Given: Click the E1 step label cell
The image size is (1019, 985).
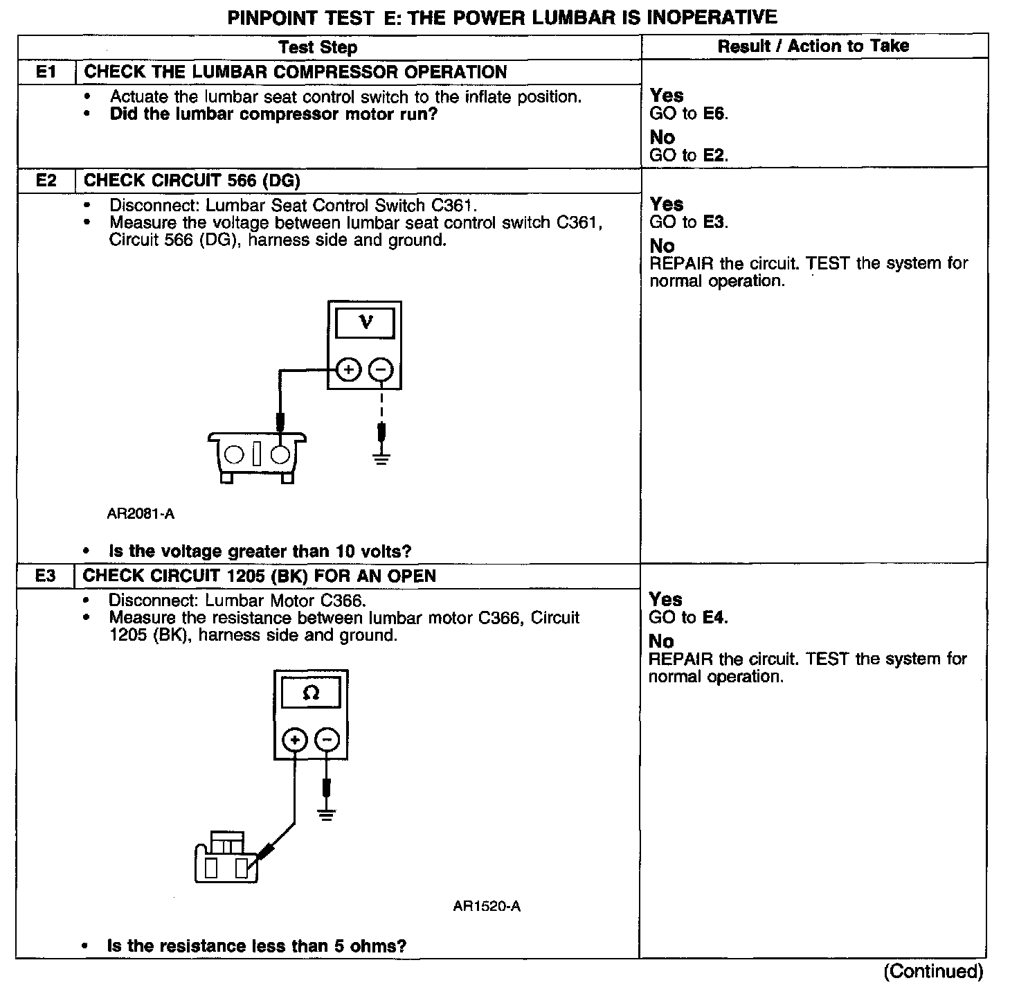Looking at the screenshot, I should pyautogui.click(x=46, y=72).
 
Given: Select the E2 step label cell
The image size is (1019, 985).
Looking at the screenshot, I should pyautogui.click(x=46, y=181).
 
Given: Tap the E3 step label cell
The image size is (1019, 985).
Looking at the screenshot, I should pyautogui.click(x=45, y=576).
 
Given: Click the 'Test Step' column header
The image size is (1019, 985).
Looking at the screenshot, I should pyautogui.click(x=318, y=47).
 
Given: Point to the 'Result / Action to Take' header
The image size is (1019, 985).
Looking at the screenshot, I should pyautogui.click(x=813, y=46).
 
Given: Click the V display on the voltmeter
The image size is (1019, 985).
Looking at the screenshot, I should pyautogui.click(x=365, y=323).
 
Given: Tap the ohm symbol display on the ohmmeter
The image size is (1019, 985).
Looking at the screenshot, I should pyautogui.click(x=311, y=693).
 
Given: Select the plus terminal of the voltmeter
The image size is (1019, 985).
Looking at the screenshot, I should pyautogui.click(x=348, y=371).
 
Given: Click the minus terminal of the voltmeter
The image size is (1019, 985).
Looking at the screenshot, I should pyautogui.click(x=380, y=371).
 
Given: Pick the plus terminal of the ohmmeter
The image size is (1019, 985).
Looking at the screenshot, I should pyautogui.click(x=295, y=740).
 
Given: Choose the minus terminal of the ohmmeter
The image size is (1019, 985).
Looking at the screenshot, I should pyautogui.click(x=327, y=740).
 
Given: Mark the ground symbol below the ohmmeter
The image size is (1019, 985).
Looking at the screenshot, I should pyautogui.click(x=327, y=813).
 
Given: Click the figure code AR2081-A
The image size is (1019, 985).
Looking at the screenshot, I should pyautogui.click(x=141, y=514).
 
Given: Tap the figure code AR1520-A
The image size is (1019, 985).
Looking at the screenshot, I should pyautogui.click(x=487, y=906).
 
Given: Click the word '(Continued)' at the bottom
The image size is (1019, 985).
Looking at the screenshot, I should pyautogui.click(x=932, y=971).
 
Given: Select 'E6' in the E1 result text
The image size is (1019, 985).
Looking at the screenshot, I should pyautogui.click(x=714, y=114).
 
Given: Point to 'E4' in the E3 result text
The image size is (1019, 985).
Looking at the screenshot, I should pyautogui.click(x=714, y=617).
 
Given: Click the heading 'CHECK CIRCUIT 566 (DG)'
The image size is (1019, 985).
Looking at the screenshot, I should pyautogui.click(x=192, y=181).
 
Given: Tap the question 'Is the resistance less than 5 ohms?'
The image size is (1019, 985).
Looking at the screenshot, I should pyautogui.click(x=256, y=946).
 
